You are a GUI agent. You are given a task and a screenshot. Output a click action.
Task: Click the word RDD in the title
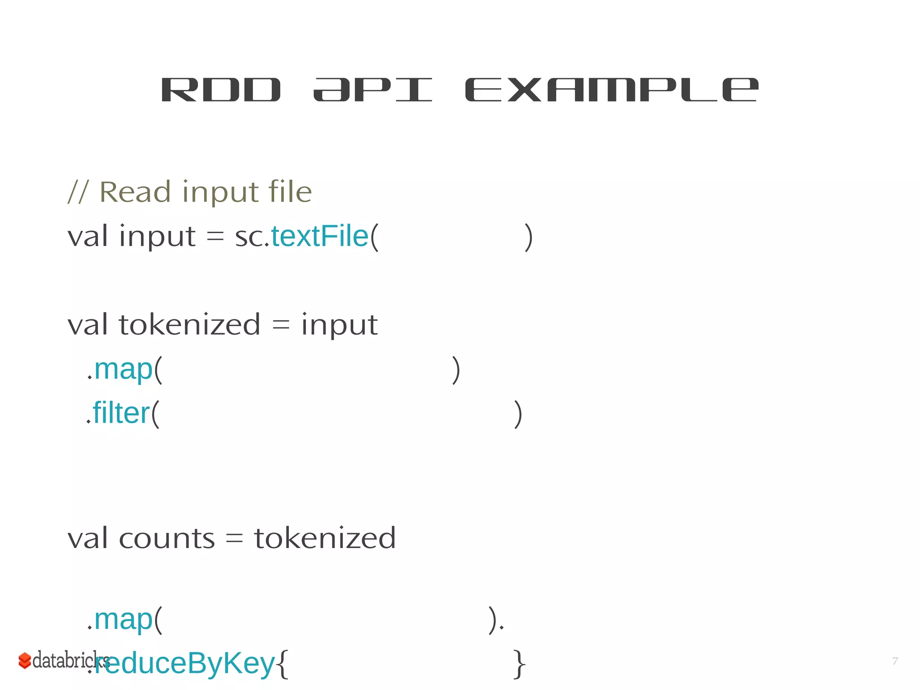[221, 90]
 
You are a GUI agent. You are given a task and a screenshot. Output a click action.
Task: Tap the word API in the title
[372, 90]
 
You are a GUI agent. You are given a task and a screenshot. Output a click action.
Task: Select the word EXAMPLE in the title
[611, 90]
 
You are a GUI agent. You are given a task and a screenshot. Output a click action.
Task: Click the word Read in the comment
[135, 192]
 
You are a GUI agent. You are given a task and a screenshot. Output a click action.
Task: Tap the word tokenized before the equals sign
[189, 324]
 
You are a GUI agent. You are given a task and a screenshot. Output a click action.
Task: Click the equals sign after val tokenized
[281, 325]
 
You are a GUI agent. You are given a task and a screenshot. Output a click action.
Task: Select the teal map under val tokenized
[123, 370]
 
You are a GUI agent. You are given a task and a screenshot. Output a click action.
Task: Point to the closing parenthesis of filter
[518, 414]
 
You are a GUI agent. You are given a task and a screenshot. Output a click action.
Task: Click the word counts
[167, 538]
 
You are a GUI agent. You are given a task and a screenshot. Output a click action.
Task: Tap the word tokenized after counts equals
[325, 538]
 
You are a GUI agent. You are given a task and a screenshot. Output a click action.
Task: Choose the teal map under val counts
[123, 620]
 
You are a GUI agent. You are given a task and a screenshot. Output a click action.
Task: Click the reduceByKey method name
[184, 663]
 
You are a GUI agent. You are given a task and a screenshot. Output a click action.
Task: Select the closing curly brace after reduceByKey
[519, 664]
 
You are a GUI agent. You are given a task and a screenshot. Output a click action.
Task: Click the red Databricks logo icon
[24, 660]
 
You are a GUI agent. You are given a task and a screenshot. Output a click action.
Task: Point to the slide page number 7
[895, 661]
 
